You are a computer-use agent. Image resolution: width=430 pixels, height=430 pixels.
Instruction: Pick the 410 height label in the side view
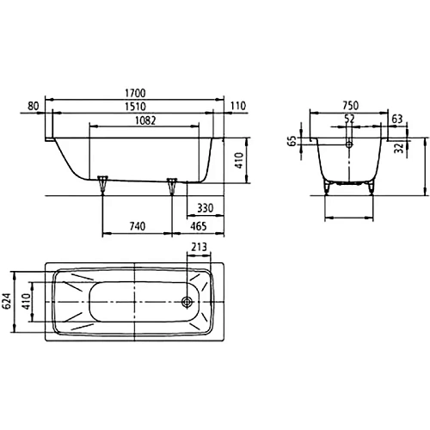click(x=242, y=158)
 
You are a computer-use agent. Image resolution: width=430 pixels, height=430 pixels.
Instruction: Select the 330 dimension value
click(x=206, y=208)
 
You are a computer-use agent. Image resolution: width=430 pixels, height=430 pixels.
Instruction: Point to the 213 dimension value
click(x=200, y=249)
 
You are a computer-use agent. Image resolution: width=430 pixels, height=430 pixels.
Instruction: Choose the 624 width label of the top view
click(x=7, y=300)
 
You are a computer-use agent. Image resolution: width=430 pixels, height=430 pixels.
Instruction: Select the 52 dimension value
click(x=349, y=120)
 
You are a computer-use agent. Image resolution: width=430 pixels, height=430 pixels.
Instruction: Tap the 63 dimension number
click(x=396, y=120)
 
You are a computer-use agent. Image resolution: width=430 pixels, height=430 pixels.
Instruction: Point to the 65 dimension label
click(x=292, y=141)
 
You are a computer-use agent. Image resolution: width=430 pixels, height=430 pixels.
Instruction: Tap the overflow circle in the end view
click(x=349, y=145)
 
